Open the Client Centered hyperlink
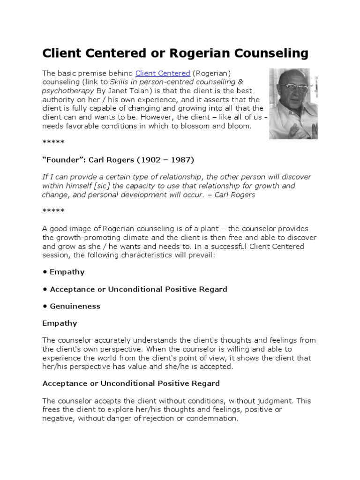[162, 73]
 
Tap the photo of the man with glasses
[293, 103]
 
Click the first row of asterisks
[53, 142]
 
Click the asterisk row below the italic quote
[53, 211]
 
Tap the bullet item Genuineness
[75, 306]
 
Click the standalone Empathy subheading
[60, 323]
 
